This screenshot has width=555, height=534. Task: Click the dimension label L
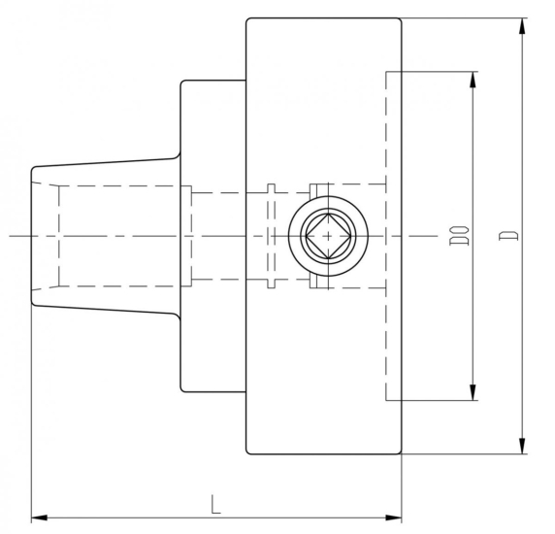pos(214,503)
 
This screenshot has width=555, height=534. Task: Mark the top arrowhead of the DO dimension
pos(474,77)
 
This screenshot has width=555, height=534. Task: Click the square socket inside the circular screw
pos(328,236)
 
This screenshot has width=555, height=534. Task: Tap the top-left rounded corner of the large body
pos(249,21)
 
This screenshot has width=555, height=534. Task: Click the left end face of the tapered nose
pos(32,236)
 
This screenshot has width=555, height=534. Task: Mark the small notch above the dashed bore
pos(273,187)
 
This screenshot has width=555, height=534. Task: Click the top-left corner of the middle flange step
pos(182,83)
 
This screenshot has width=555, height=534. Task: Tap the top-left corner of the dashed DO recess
pos(386,71)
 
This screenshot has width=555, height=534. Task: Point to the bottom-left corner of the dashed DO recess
pos(386,400)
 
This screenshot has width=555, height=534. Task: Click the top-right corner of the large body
pos(400,20)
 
